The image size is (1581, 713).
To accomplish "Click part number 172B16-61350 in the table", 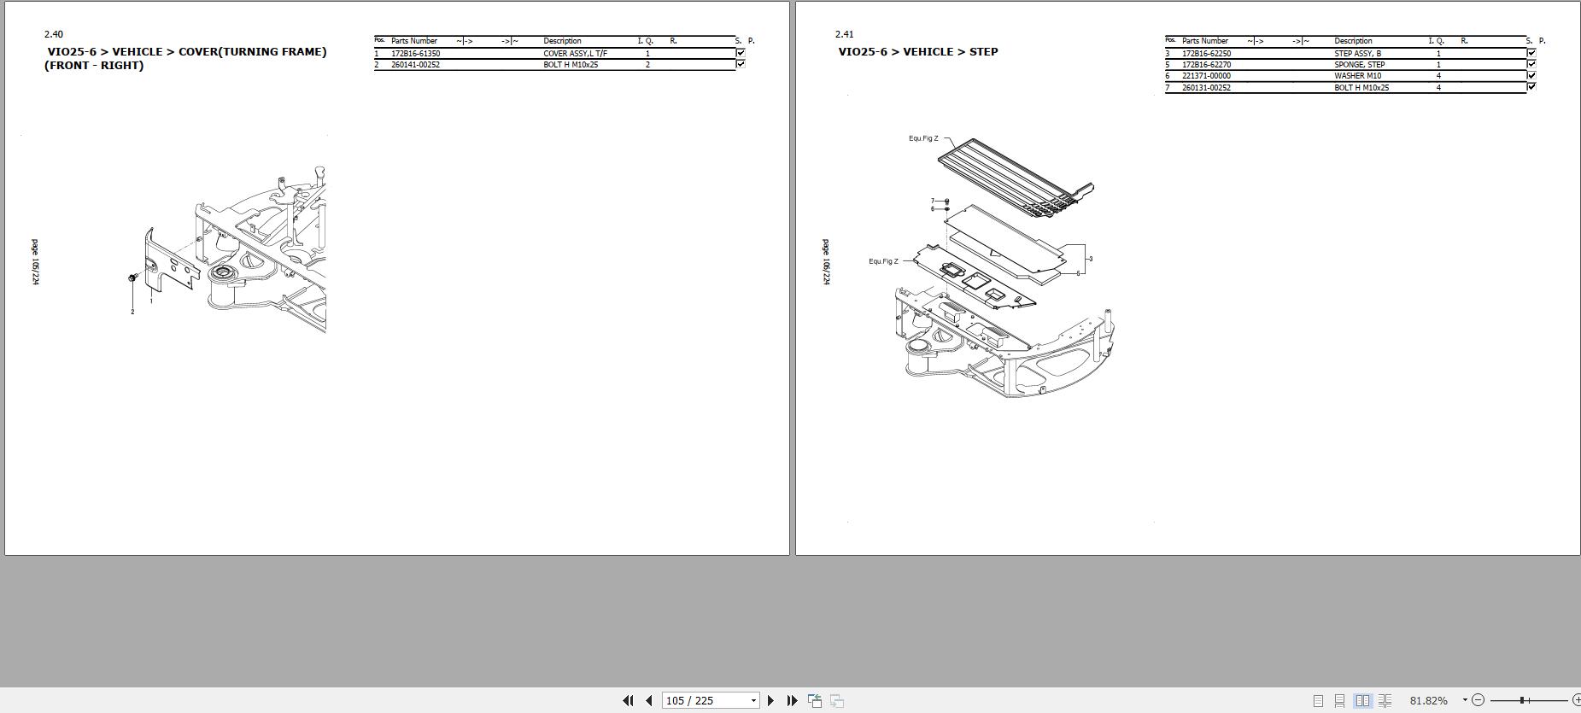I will tap(415, 54).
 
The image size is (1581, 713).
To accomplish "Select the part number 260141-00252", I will tap(415, 65).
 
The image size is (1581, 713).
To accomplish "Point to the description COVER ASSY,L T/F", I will tap(575, 54).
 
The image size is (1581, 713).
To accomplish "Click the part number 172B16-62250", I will tap(1206, 54).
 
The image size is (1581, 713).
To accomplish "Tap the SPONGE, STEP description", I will tap(1359, 65).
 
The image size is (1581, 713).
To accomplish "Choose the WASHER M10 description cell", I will tap(1357, 76).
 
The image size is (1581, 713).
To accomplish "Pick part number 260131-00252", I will tap(1206, 88).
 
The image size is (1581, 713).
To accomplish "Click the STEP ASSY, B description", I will tap(1357, 54).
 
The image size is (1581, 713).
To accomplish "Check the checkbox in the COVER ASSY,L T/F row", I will tap(741, 53).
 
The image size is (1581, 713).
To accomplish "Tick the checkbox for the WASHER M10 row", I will tap(1531, 75).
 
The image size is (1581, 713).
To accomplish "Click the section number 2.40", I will tap(53, 35).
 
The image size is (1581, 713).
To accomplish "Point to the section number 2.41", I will tap(844, 35).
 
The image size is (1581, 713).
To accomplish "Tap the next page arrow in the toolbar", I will tap(770, 700).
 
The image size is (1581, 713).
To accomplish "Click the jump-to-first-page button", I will tap(628, 700).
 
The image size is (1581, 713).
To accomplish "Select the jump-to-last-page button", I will tap(792, 700).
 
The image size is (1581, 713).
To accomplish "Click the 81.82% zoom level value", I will tap(1428, 700).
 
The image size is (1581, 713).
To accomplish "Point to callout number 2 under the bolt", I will tap(132, 312).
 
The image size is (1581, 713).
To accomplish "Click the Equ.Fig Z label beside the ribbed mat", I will tap(922, 138).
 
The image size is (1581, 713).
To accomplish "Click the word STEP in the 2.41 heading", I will tap(983, 52).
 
